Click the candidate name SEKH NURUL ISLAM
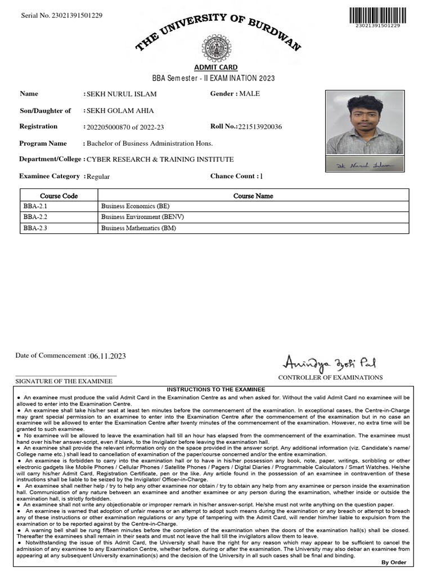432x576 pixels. pos(121,94)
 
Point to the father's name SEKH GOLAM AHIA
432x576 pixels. pos(120,111)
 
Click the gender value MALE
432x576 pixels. pos(250,93)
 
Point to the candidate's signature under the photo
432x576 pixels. pos(364,165)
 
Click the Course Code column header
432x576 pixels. pos(59,196)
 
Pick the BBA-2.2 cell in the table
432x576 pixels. pos(36,217)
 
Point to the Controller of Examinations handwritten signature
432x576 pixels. pos(323,361)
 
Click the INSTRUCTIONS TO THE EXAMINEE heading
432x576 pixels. pos(216,389)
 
